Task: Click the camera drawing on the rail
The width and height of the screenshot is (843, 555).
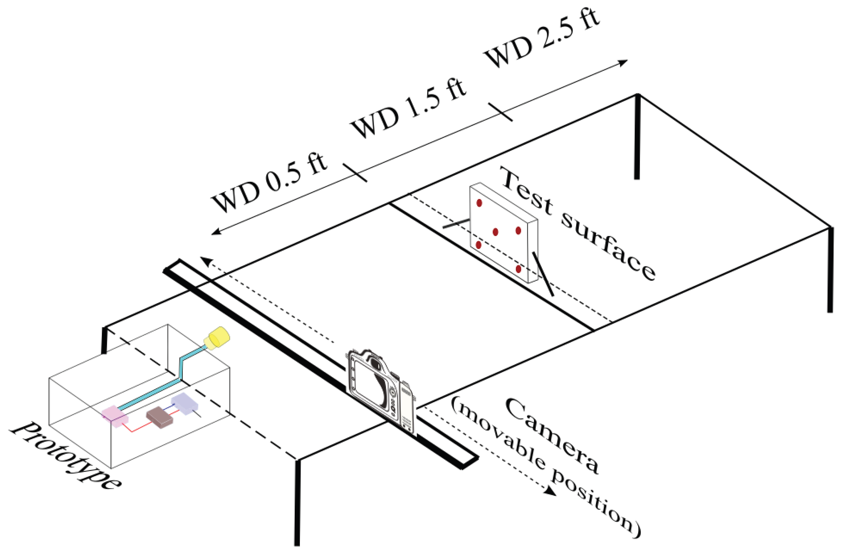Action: [381, 389]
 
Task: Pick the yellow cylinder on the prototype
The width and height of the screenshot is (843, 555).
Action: [217, 338]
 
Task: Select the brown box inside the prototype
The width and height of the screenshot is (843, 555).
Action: [160, 417]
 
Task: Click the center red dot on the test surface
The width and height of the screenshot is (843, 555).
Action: [495, 232]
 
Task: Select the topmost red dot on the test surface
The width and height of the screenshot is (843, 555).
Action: [479, 203]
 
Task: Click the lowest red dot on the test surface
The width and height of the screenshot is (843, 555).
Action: [518, 269]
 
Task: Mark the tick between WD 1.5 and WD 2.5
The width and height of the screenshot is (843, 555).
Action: [500, 112]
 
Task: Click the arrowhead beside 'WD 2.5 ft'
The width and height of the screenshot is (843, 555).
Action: [623, 62]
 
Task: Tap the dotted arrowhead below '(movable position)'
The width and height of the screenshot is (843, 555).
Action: [550, 491]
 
